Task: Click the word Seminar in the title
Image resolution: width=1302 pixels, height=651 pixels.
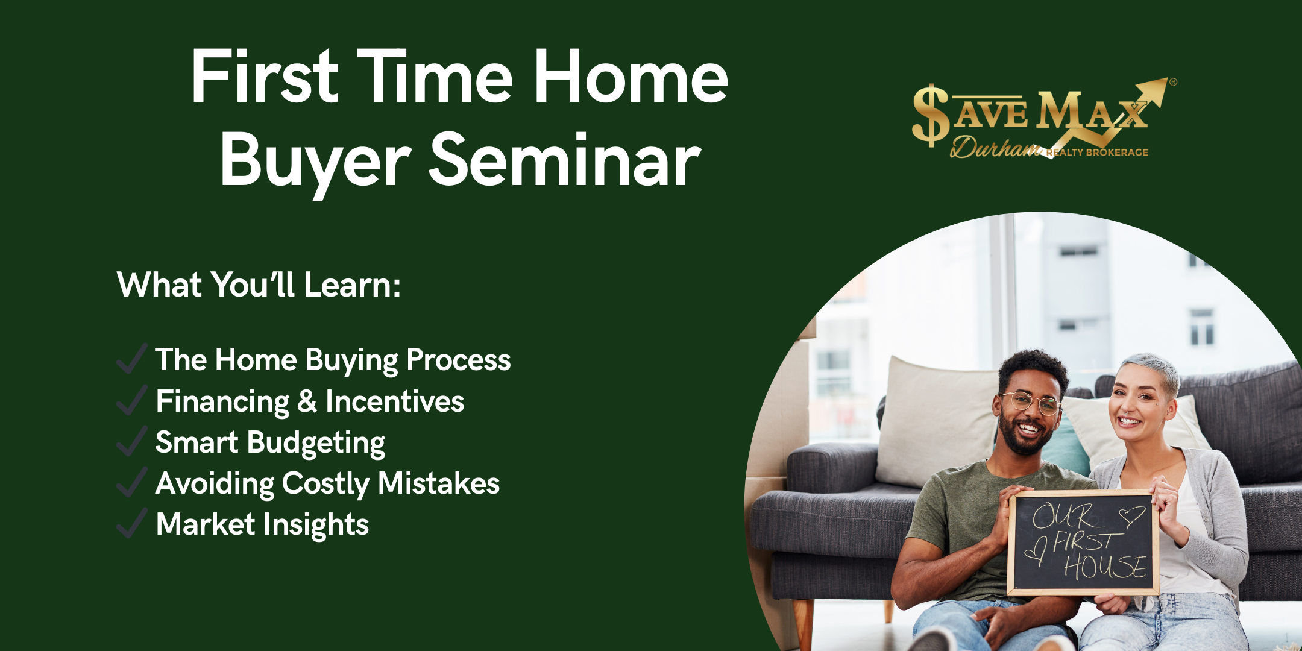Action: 565,160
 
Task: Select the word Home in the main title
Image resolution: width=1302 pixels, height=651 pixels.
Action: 631,77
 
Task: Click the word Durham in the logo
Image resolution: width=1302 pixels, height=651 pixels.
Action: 996,147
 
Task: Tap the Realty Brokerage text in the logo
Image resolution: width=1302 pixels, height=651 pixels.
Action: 1097,153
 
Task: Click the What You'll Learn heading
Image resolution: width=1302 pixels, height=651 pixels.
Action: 259,285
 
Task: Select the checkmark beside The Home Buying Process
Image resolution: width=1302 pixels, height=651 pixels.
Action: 132,359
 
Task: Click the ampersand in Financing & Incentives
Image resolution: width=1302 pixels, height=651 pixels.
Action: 307,401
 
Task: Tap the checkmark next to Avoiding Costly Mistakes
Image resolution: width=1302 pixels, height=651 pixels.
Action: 132,482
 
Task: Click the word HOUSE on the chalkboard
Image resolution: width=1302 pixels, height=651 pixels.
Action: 1105,567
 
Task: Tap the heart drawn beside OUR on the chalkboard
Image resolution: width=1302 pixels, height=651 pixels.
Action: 1131,516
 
